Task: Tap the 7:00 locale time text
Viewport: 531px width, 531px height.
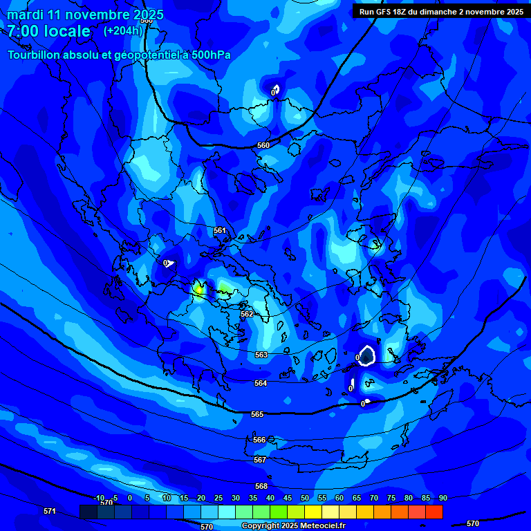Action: [x=48, y=31]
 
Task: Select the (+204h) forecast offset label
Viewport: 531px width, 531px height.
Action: [x=123, y=30]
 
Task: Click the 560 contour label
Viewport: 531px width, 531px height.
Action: [x=263, y=146]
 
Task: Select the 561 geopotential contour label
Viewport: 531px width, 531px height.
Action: [x=220, y=230]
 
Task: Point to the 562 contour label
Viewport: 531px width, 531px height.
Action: [x=247, y=314]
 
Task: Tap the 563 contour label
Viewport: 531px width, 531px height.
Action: [x=261, y=355]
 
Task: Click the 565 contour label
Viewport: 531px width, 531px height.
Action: [x=257, y=414]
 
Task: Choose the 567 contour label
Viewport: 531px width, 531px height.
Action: [x=260, y=460]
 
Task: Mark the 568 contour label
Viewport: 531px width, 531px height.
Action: [x=261, y=486]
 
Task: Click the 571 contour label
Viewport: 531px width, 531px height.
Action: [x=50, y=511]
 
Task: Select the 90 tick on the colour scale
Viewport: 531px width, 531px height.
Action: [x=442, y=498]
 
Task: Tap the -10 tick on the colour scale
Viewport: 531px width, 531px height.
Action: [x=99, y=498]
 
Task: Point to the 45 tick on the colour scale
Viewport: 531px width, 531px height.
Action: [x=288, y=498]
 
